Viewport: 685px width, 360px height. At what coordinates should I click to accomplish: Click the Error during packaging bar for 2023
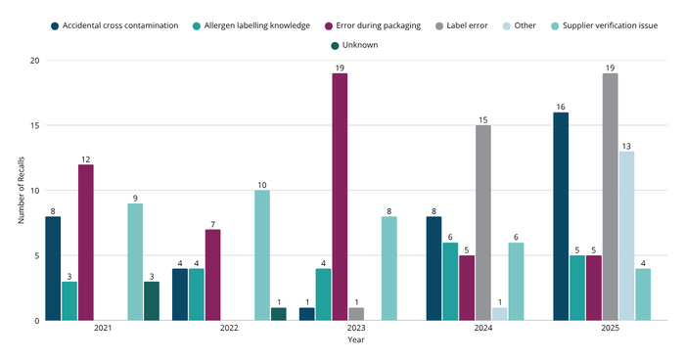(340, 197)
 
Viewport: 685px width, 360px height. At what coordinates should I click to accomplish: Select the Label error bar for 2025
(610, 197)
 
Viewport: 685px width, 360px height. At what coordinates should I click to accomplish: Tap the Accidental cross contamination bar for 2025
(561, 216)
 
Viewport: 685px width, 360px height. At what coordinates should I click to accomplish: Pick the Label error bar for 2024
(482, 223)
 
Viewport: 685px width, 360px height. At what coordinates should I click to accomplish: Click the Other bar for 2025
(626, 236)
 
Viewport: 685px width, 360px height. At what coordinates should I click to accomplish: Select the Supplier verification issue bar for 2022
(262, 255)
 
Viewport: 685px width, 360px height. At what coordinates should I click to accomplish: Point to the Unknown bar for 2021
(152, 301)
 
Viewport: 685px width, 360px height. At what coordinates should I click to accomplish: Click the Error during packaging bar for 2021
(86, 243)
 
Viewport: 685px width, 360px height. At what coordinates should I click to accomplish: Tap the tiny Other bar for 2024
(499, 314)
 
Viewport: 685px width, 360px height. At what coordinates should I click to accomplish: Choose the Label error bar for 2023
(356, 314)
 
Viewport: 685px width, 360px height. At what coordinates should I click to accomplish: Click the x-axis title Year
(355, 341)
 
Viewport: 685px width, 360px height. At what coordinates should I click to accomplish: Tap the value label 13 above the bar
(626, 145)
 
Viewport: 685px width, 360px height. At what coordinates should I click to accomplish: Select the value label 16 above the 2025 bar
(561, 106)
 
